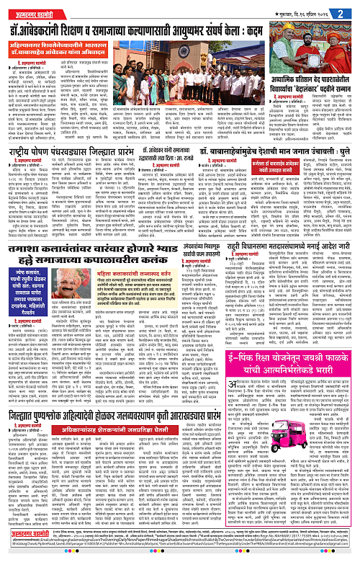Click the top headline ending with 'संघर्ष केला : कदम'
tap(179, 30)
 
